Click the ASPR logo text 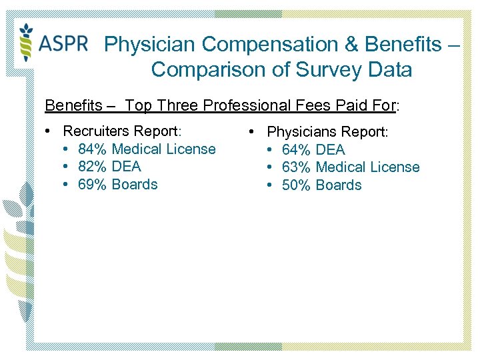[64, 43]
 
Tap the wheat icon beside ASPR [26, 42]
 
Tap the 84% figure [93, 149]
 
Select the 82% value [93, 167]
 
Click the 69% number [93, 185]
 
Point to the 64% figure [297, 150]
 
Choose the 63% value [297, 167]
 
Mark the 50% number [297, 185]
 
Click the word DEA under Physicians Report [331, 150]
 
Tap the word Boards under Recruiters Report [135, 185]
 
